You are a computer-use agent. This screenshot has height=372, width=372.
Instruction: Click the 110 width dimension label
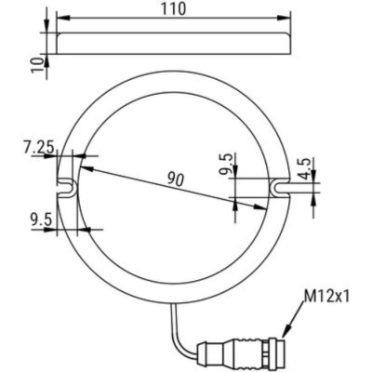(x=173, y=9)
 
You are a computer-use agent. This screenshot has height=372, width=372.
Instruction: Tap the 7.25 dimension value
(x=39, y=146)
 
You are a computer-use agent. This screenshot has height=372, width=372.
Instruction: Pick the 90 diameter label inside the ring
(x=174, y=179)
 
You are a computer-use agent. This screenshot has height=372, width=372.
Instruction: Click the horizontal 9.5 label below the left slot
(x=39, y=219)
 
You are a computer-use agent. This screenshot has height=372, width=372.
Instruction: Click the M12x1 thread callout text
(x=326, y=298)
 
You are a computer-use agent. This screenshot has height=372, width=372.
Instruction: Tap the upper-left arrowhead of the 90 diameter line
(x=83, y=167)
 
